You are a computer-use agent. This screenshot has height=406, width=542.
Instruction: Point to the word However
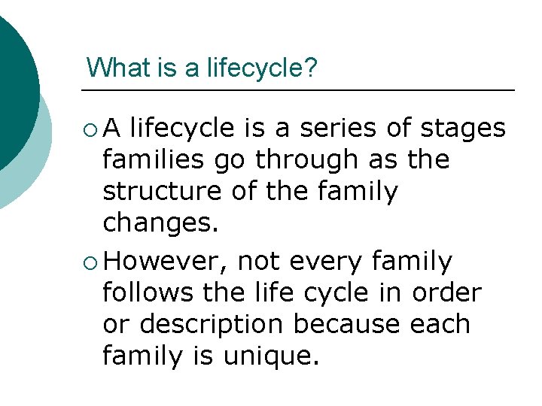(166, 261)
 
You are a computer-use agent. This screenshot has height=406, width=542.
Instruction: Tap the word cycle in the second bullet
(339, 292)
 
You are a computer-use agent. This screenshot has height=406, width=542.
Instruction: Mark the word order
(448, 292)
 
